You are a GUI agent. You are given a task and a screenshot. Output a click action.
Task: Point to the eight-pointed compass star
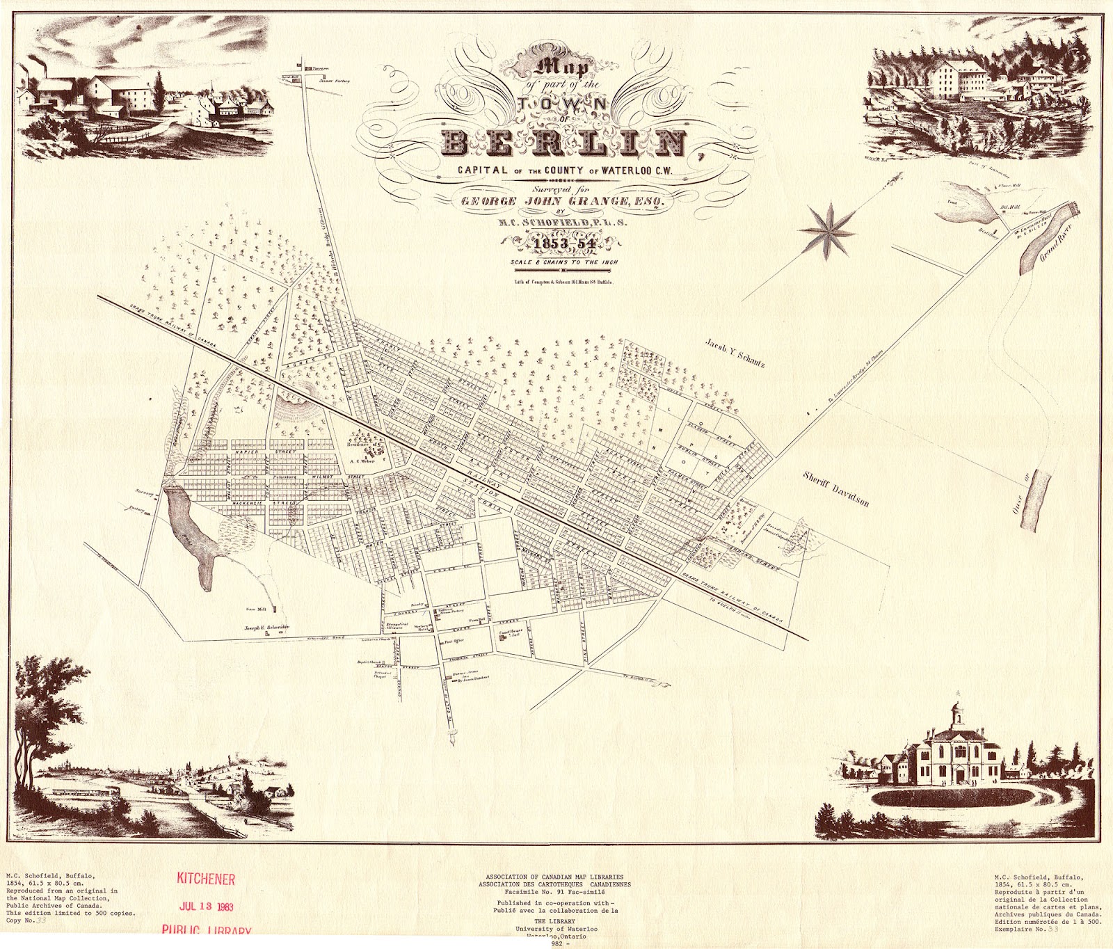coord(828,230)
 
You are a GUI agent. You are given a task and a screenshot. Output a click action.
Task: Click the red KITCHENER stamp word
coord(206,879)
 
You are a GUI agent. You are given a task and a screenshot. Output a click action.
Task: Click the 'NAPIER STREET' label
coord(257,452)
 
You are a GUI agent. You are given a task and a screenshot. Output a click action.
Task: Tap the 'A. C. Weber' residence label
coord(362,461)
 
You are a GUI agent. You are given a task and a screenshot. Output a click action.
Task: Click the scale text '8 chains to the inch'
coord(564,262)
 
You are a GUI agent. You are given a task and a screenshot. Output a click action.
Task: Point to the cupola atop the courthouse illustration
coord(958,711)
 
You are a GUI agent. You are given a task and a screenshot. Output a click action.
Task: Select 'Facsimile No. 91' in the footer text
coord(542,891)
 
